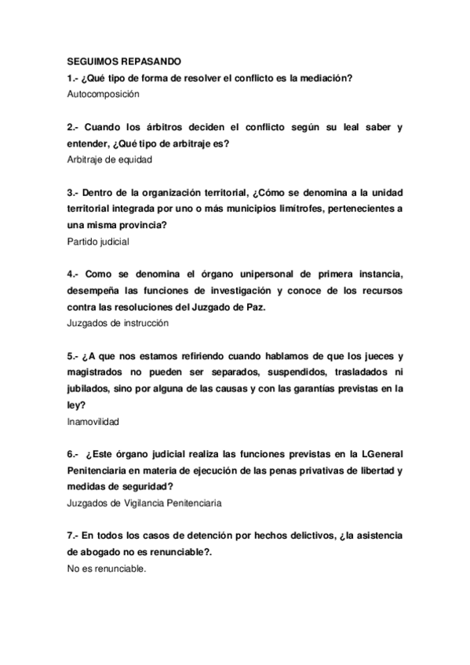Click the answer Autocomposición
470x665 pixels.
point(104,93)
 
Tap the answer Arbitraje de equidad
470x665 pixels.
point(110,159)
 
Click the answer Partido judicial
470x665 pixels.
point(99,242)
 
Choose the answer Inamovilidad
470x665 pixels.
point(93,421)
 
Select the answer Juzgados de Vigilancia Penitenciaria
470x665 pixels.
point(145,503)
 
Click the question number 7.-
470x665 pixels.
point(74,536)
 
